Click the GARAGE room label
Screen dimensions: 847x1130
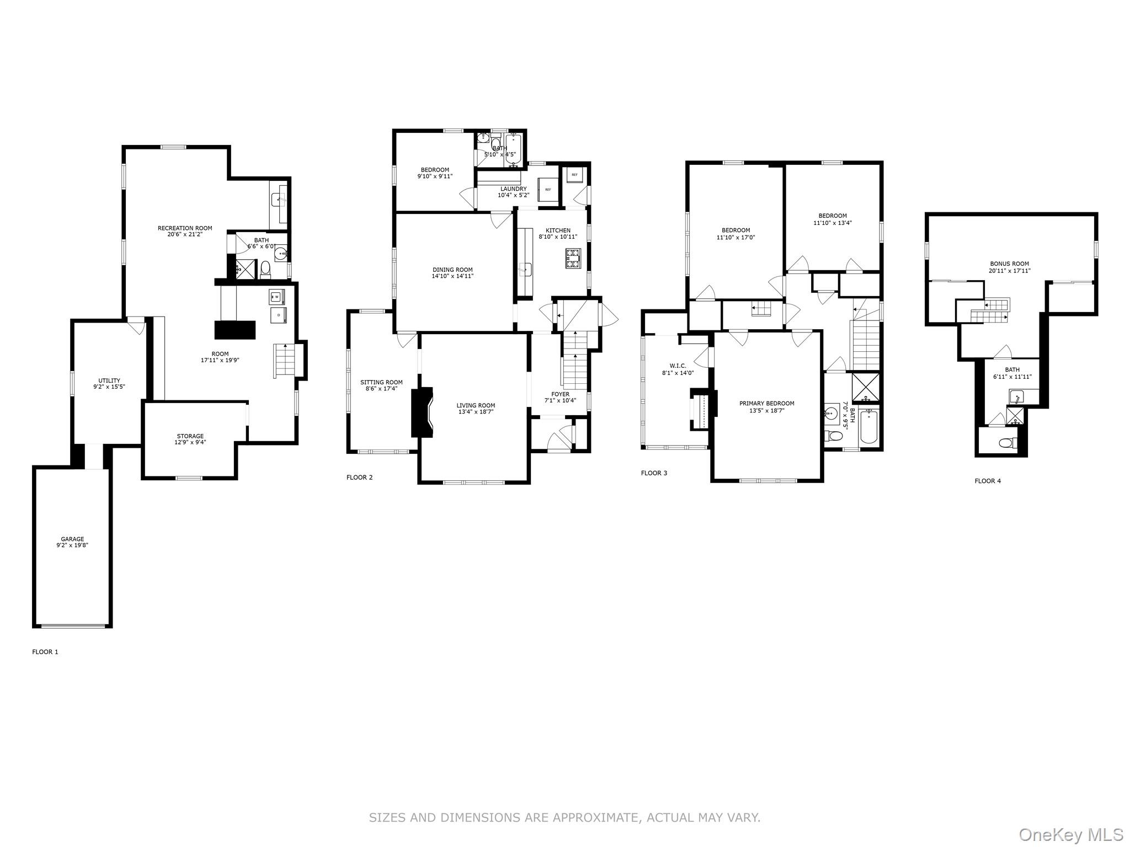point(72,539)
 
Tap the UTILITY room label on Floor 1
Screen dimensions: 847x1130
point(109,380)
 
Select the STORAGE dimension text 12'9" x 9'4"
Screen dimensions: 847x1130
point(190,442)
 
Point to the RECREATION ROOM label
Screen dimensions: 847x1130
point(185,228)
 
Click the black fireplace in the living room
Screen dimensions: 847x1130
point(422,412)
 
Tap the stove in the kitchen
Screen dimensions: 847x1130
point(573,258)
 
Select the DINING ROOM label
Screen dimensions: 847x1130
point(452,270)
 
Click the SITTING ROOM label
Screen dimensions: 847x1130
point(381,382)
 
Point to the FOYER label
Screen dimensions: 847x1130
point(560,394)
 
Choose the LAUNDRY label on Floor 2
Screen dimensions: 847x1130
point(513,189)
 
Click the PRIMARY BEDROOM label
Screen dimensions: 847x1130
point(767,403)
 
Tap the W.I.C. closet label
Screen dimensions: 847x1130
point(678,366)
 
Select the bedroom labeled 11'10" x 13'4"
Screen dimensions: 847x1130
point(832,219)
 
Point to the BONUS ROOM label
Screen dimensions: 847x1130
point(1009,264)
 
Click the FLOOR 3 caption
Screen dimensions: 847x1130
point(654,473)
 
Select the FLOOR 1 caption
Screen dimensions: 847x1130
point(45,652)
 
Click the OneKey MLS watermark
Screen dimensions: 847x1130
point(1070,834)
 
